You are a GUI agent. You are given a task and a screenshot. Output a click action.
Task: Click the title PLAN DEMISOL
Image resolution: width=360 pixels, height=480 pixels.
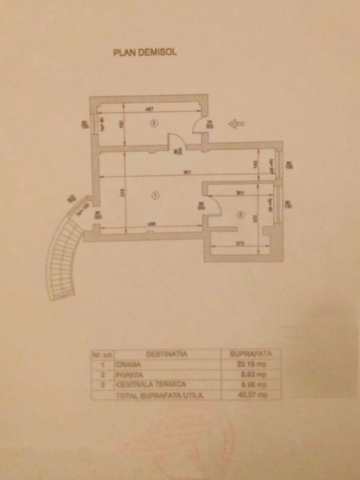145,52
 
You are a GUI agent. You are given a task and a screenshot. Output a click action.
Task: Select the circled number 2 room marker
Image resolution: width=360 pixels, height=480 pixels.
153,124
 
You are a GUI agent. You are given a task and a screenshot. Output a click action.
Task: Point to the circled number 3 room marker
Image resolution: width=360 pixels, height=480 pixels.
240,215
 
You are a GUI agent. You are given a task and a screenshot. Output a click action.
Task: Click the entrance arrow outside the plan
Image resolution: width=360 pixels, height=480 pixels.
236,124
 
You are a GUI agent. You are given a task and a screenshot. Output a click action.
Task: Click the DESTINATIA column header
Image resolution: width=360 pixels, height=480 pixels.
166,354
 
